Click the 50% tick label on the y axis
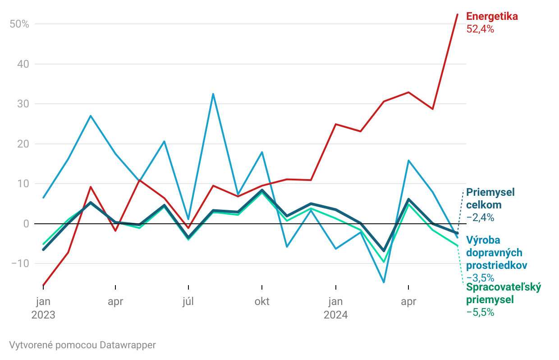point(19,24)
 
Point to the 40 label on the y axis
point(23,64)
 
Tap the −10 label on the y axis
point(19,263)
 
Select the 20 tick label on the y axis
point(23,144)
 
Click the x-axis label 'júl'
point(188,301)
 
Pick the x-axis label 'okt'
point(262,301)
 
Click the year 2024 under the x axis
point(335,314)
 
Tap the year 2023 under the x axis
point(43,314)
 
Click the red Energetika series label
point(492,17)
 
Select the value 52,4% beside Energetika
point(480,30)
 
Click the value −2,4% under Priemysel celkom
point(480,217)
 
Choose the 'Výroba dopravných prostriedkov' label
point(496,252)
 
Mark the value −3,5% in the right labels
point(480,277)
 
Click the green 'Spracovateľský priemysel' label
point(503,293)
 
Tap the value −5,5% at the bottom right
point(480,312)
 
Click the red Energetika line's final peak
point(458,14)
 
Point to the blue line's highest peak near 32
point(213,94)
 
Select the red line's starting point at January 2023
point(43,285)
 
